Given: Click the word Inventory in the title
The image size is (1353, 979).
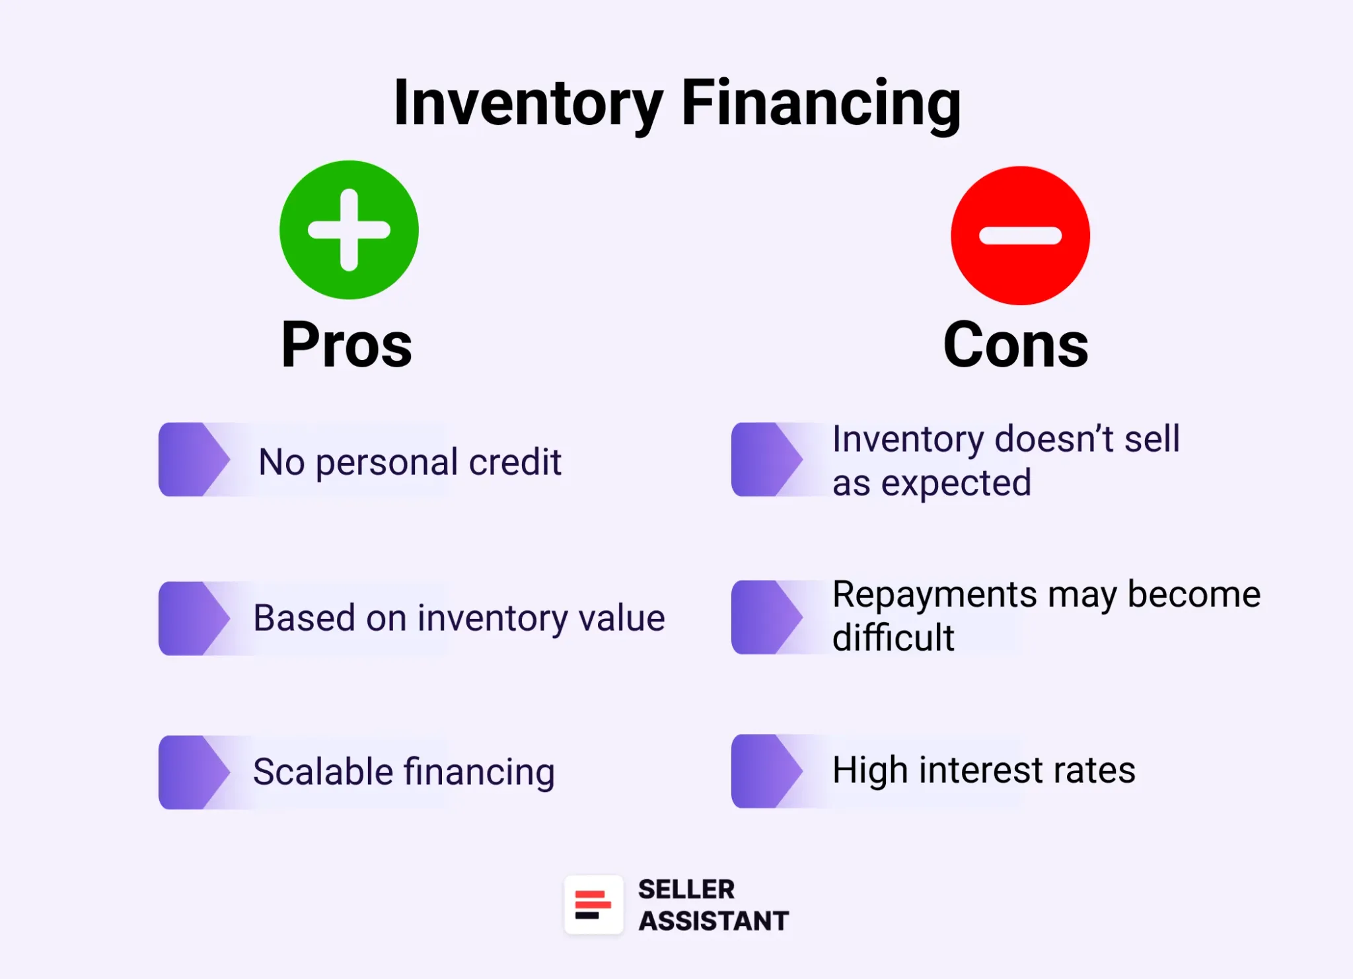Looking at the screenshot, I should [x=528, y=103].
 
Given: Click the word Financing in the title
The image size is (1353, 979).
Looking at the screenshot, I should [x=821, y=103].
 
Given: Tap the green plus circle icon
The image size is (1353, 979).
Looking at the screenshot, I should [x=349, y=230].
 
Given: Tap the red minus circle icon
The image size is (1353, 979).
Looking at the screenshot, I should [x=1020, y=236].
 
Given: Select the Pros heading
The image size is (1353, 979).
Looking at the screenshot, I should [x=347, y=345].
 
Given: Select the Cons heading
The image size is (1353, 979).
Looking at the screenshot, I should [x=1015, y=345].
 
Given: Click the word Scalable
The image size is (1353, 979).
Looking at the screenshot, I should [x=323, y=772].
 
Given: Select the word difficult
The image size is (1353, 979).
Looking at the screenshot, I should [x=893, y=638].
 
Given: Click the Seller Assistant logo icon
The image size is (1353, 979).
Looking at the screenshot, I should [x=593, y=905].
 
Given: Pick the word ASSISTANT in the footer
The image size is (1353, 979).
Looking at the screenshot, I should [x=713, y=921].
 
